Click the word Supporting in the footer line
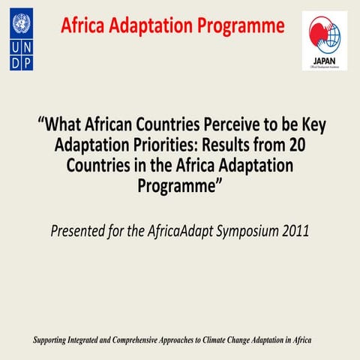(x=53, y=340)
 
